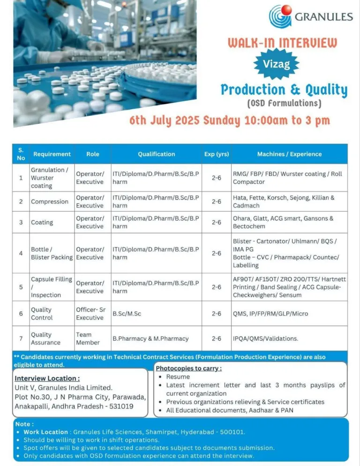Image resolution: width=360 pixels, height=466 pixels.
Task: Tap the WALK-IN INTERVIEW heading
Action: tap(282, 44)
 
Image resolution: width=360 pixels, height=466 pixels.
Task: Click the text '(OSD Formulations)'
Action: tap(284, 103)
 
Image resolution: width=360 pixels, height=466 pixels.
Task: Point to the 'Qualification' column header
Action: tap(156, 154)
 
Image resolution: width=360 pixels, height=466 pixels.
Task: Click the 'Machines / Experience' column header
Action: tap(289, 154)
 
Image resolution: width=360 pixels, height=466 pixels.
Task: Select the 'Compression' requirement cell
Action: tap(50, 202)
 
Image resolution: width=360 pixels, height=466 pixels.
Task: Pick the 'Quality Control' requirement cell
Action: tap(42, 314)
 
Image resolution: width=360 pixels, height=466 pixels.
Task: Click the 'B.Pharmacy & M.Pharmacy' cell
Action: tap(150, 338)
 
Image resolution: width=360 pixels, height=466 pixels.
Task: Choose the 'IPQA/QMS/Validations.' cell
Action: tap(265, 338)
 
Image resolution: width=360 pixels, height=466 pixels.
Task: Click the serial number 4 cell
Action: tap(21, 253)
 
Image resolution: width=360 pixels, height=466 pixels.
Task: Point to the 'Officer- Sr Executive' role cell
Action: tap(90, 314)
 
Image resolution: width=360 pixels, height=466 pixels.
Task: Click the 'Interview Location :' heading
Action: tap(47, 378)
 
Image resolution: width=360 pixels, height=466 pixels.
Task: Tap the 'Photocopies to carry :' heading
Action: tap(188, 368)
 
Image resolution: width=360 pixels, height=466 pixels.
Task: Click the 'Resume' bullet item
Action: tap(178, 377)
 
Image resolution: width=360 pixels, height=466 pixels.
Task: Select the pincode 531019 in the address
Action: tap(121, 406)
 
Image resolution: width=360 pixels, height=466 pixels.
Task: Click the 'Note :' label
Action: tap(25, 423)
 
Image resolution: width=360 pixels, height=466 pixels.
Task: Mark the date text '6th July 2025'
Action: tap(165, 120)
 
